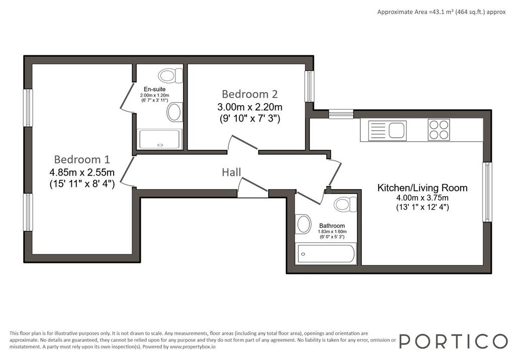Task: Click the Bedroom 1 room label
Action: [x=82, y=159]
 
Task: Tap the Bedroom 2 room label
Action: [x=249, y=94]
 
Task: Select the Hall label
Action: [x=231, y=172]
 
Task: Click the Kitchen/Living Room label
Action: [x=422, y=188]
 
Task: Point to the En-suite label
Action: [x=155, y=89]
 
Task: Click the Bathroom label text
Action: [x=332, y=226]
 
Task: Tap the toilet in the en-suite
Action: [x=170, y=75]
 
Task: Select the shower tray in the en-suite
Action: [x=160, y=139]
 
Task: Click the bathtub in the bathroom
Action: [x=326, y=253]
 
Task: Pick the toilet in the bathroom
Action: [x=345, y=204]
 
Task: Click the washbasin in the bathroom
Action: [x=303, y=224]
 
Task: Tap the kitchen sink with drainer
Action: [x=387, y=131]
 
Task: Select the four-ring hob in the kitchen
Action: [x=439, y=130]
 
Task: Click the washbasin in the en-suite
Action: [x=175, y=112]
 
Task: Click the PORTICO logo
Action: [x=454, y=341]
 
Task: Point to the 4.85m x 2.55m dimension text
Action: [x=82, y=172]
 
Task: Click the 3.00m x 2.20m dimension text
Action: [x=249, y=107]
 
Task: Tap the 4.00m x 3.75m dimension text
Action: [x=422, y=198]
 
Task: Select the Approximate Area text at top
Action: [x=442, y=12]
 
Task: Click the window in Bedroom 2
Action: [x=309, y=86]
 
